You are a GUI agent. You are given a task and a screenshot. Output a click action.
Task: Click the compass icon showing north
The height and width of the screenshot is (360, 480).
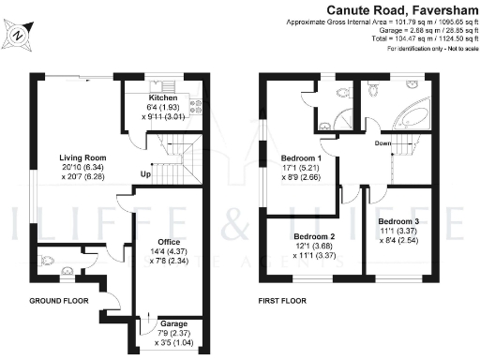click(x=21, y=33)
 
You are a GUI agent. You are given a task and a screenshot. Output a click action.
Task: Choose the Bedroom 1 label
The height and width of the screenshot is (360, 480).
click(x=301, y=157)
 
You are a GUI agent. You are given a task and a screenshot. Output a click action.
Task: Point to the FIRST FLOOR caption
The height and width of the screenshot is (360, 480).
click(x=282, y=302)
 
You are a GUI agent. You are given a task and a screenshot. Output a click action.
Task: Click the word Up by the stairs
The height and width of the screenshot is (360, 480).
click(x=145, y=175)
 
